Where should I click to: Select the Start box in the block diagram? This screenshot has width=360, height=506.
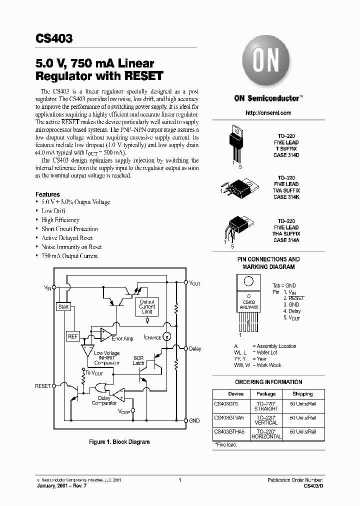click(63, 306)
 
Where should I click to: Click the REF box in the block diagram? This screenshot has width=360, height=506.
click(73, 336)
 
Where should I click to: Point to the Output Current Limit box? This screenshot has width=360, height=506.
click(147, 306)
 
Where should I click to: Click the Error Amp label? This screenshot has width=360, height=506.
click(122, 339)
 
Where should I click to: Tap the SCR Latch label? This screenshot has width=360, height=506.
click(138, 360)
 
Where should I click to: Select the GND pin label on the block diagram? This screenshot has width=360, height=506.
click(194, 420)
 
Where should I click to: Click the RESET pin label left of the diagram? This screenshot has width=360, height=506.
click(42, 386)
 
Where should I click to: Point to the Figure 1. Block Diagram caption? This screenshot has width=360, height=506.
click(119, 442)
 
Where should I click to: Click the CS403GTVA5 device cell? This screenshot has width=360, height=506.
click(229, 417)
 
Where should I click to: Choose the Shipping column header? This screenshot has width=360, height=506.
click(302, 394)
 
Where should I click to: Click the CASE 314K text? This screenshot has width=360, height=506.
click(286, 197)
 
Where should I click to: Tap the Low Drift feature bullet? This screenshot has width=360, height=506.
click(53, 211)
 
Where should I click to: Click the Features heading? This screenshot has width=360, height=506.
click(47, 194)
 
